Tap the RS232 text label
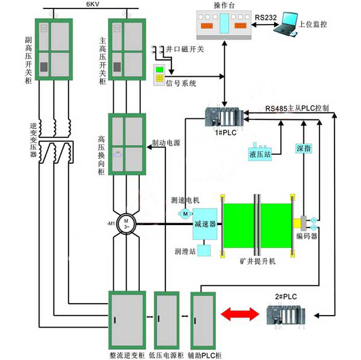[265, 18]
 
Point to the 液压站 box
[260, 154]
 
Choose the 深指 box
[303, 148]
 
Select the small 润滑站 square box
[206, 253]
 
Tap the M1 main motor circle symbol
[127, 224]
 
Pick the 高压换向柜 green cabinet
[127, 144]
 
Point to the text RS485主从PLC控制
[297, 109]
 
